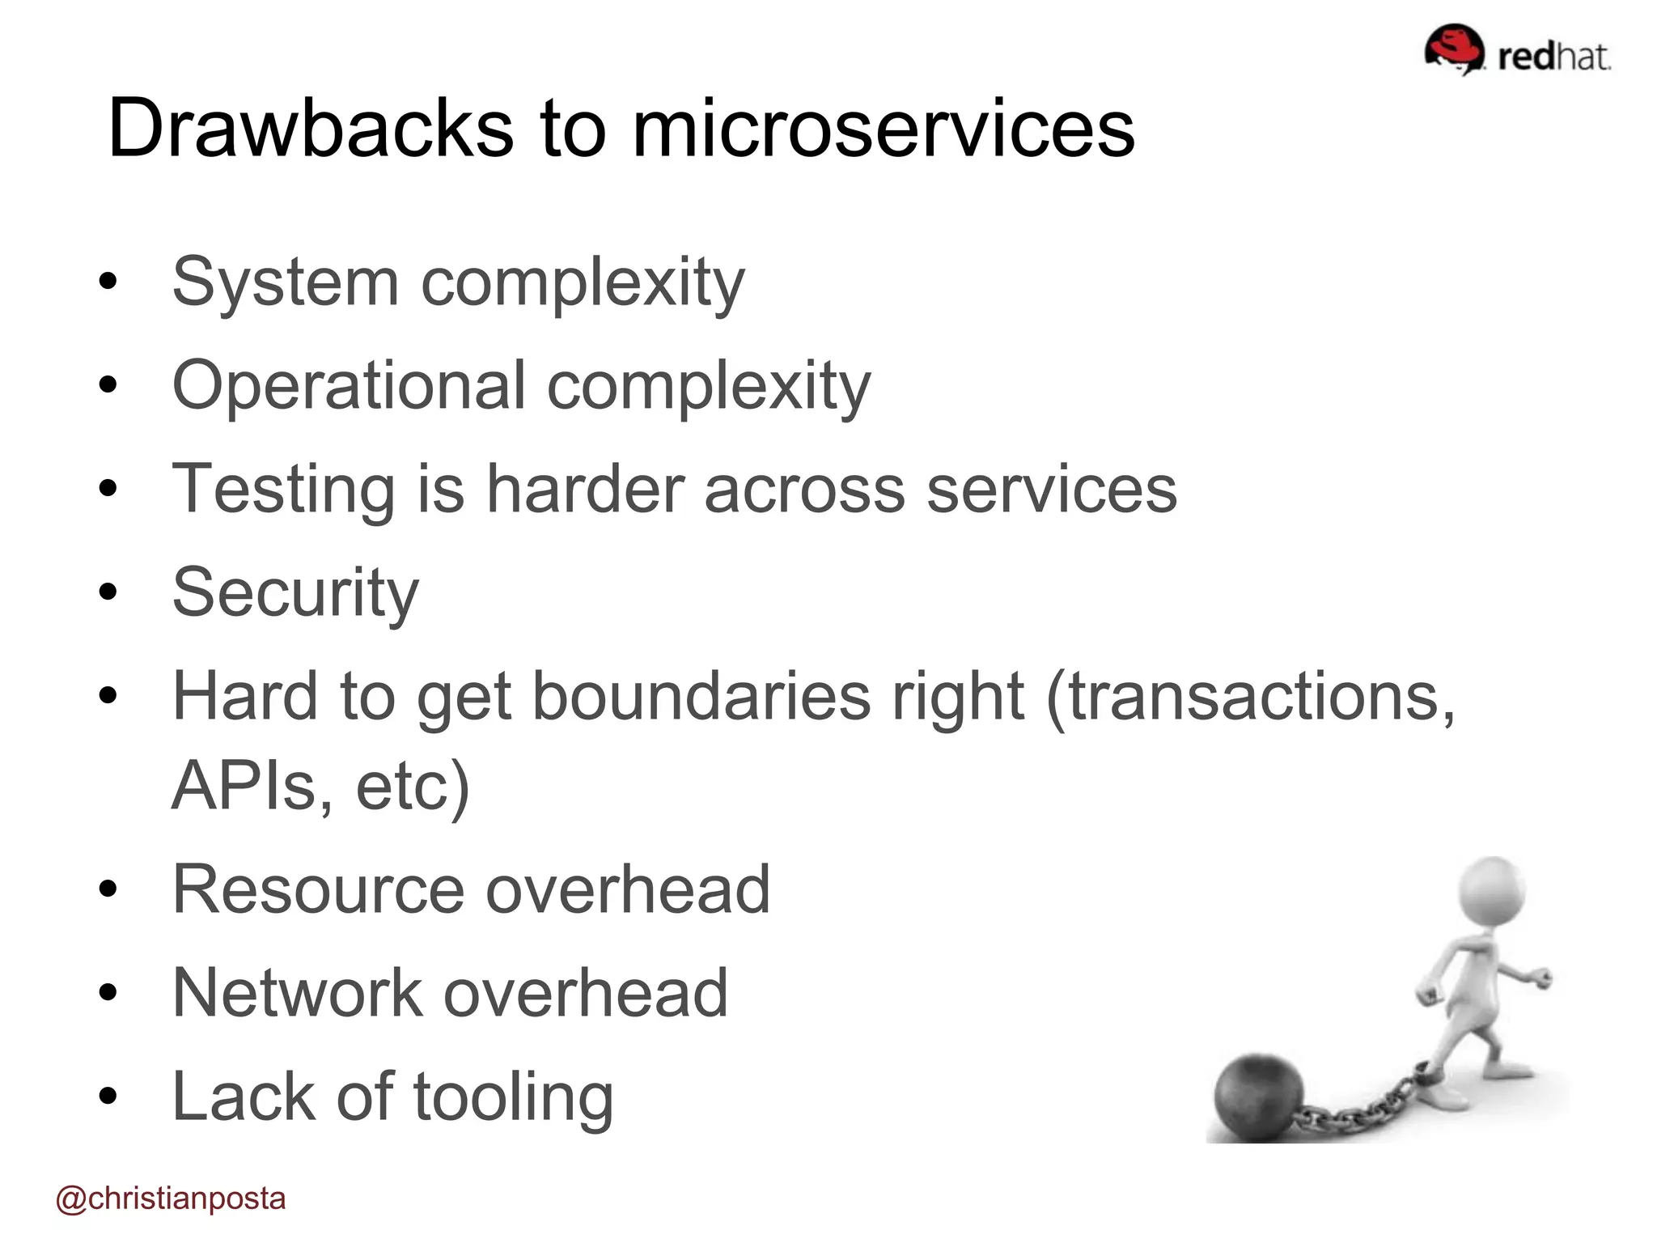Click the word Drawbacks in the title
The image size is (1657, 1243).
[x=310, y=129]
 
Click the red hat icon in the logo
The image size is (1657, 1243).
[x=1454, y=49]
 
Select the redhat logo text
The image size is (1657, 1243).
[x=1553, y=57]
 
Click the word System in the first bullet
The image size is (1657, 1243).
[x=286, y=283]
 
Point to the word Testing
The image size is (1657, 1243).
[x=283, y=490]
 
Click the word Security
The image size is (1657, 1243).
[x=295, y=593]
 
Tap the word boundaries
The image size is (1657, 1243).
[x=701, y=697]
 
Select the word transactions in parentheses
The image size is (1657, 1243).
[x=1250, y=697]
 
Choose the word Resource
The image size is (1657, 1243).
[x=318, y=890]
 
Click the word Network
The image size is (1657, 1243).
[x=297, y=994]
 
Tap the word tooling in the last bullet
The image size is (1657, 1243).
[x=513, y=1098]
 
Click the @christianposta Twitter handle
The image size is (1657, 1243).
[x=171, y=1198]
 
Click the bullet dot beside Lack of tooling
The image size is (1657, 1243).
[x=108, y=1096]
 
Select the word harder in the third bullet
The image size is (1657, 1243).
[x=586, y=490]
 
